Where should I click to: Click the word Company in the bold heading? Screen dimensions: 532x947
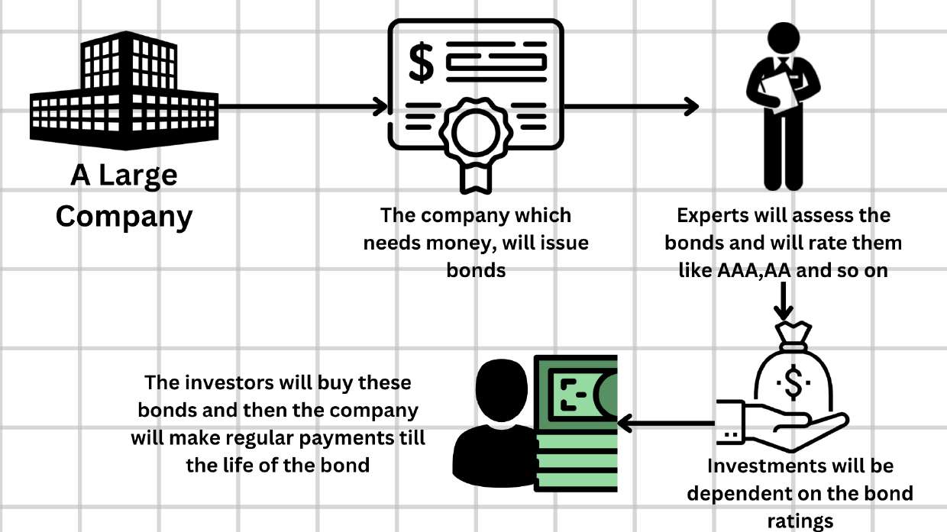tap(124, 217)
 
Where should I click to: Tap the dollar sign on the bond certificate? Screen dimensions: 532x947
tap(421, 62)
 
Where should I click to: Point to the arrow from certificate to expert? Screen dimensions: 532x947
tap(630, 106)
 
